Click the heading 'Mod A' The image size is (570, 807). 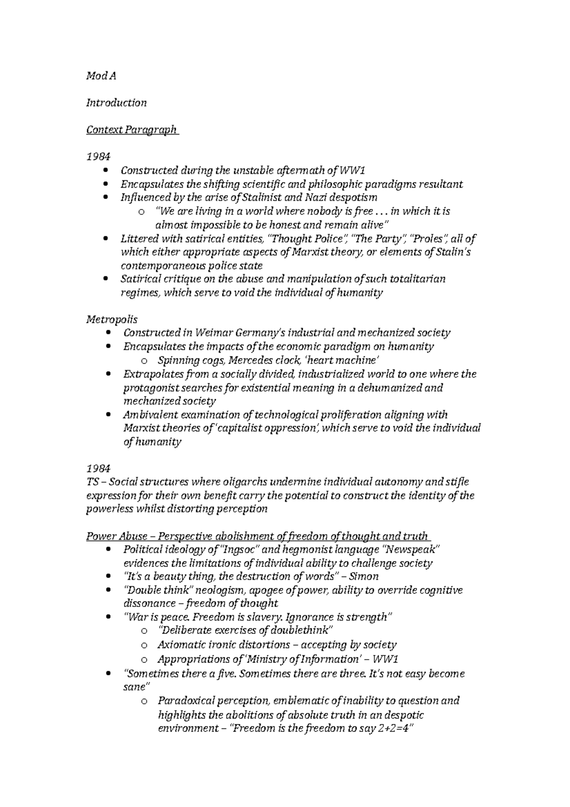[101, 76]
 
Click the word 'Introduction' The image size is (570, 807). [116, 103]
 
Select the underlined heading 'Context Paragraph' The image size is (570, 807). [131, 130]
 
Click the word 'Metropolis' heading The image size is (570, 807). [112, 319]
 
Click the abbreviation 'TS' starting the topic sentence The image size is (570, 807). [92, 482]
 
